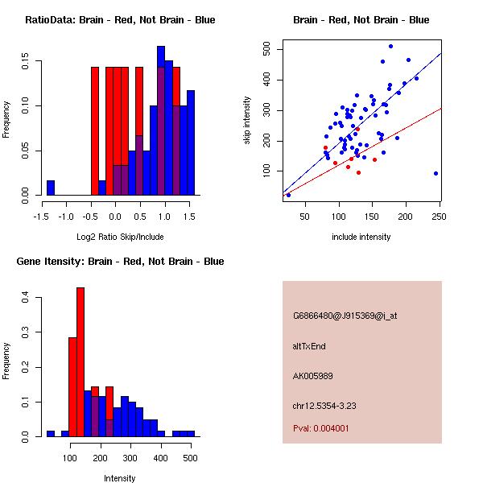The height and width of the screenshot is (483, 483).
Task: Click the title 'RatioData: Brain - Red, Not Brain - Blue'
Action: (x=120, y=20)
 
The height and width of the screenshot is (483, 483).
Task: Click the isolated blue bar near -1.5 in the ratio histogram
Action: (x=51, y=188)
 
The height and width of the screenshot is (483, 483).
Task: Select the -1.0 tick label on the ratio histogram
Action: (x=67, y=217)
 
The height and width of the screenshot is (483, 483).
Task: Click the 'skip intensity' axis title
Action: (x=247, y=121)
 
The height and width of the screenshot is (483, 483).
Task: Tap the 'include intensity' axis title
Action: (x=361, y=237)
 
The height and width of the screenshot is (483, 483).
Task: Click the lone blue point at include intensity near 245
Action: (x=436, y=173)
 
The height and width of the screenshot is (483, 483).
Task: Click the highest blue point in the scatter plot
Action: (x=390, y=46)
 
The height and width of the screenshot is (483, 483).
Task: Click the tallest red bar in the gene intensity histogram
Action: (x=80, y=362)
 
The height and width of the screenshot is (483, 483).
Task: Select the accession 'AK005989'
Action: (x=313, y=376)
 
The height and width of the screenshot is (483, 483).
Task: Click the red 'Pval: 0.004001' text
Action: (x=321, y=428)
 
